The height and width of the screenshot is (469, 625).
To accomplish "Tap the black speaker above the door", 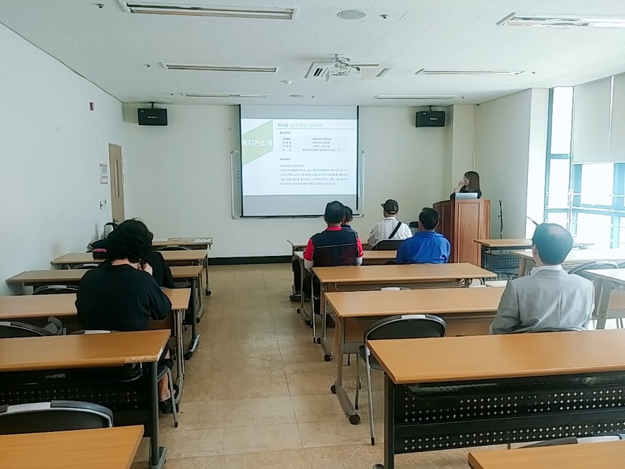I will coord(152,116).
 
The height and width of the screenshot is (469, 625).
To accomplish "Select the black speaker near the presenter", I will coord(430,118).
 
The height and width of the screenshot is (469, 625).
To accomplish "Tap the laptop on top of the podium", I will coord(465,195).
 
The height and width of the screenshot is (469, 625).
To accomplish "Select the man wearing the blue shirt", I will coord(424,241).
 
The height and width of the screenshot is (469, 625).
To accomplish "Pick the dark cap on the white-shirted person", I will coord(389,206).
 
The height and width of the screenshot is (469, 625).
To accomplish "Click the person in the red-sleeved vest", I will coord(333,244).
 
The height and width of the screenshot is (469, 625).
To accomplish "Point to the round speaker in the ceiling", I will coord(352,14).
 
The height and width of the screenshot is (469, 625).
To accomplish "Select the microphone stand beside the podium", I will coord(501,219).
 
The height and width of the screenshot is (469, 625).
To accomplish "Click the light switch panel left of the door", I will coord(102,204).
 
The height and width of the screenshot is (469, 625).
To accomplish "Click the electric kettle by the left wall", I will coord(107,230).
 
